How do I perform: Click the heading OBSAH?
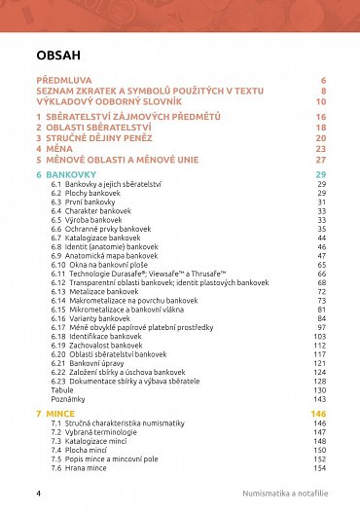coord(57,55)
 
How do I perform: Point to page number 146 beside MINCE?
coord(317,415)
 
